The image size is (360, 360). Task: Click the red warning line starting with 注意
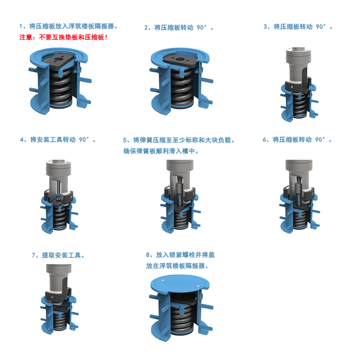(63, 37)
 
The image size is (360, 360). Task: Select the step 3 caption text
(298, 27)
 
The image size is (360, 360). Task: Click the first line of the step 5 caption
(179, 140)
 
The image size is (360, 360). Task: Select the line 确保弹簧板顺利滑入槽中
(161, 151)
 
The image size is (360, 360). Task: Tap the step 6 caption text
(297, 139)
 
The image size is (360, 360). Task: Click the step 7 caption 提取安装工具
(58, 255)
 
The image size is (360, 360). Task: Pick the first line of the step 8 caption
(180, 255)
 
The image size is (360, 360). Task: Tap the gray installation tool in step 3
(297, 61)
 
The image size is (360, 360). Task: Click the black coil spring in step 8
(180, 315)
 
